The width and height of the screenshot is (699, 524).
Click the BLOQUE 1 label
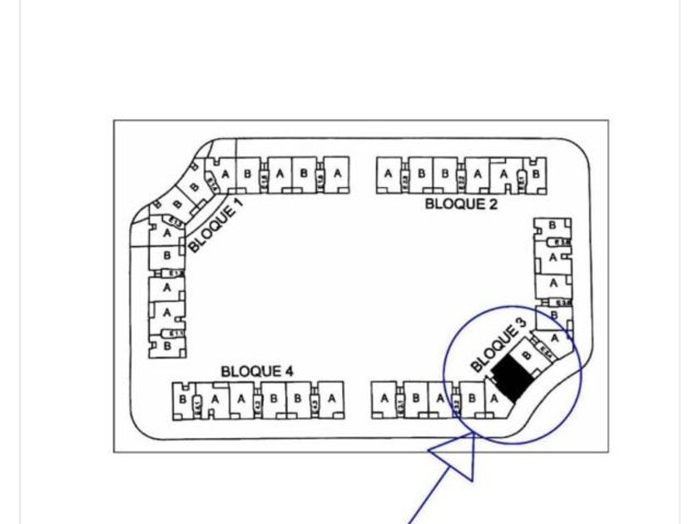[x=216, y=225]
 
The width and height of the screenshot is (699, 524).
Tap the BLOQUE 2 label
[x=461, y=204]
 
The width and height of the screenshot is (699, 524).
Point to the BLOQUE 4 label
[x=256, y=370]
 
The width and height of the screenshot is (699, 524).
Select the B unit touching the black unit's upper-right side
[x=526, y=355]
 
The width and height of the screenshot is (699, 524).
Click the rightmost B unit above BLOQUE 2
[x=537, y=174]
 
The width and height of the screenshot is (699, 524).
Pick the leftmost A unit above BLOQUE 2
[x=389, y=174]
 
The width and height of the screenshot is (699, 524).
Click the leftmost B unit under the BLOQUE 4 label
[x=181, y=398]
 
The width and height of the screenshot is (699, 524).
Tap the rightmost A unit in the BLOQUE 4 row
[x=332, y=398]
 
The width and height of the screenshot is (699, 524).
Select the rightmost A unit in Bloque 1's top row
[x=336, y=174]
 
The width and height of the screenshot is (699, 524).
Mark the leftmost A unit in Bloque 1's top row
[x=225, y=174]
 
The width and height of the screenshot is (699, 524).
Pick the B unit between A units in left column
[x=167, y=255]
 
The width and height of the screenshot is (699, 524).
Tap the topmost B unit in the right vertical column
[x=553, y=225]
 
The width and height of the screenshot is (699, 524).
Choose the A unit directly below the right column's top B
[x=553, y=257]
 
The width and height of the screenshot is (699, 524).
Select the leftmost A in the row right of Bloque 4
[x=384, y=398]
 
